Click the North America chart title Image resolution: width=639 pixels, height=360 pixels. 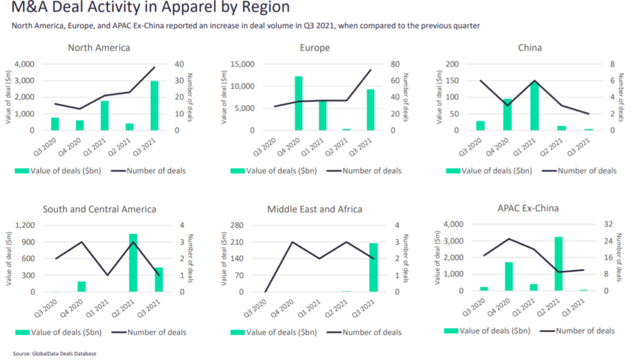point(99,47)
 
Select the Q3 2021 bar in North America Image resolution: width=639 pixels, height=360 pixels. point(154,105)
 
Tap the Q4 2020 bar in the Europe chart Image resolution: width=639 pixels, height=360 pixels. point(298,103)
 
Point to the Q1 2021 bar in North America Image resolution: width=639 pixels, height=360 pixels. point(104,115)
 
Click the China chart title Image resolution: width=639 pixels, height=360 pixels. point(530,47)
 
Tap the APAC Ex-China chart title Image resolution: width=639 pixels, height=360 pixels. point(529,209)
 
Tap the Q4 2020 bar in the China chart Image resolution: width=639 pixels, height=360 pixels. point(506,114)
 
